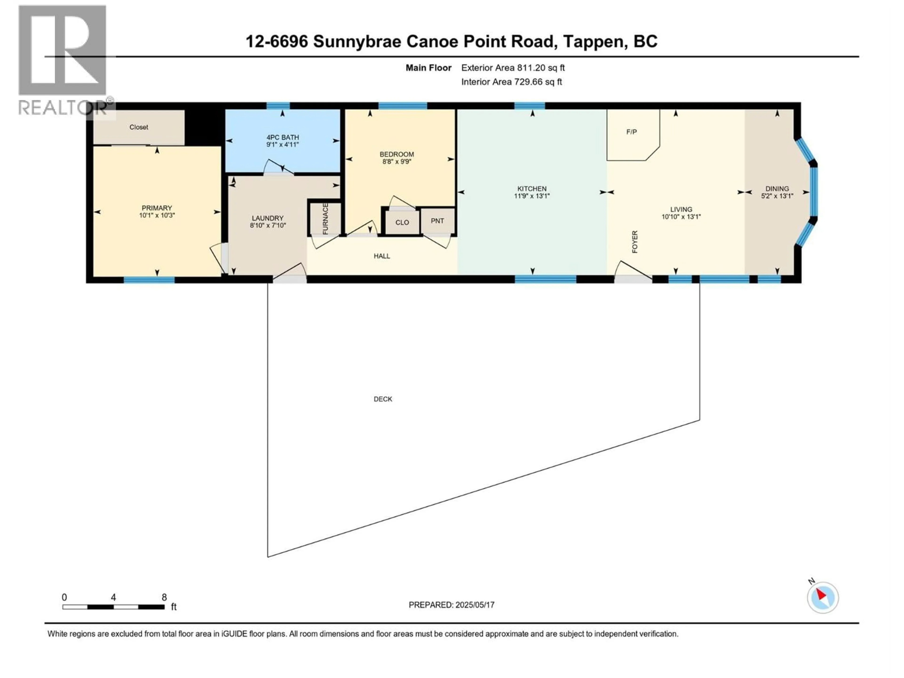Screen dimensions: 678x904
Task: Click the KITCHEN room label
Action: [x=532, y=188]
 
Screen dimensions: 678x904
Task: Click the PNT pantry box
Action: [x=437, y=221]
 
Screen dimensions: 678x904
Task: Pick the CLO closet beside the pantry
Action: [x=402, y=222]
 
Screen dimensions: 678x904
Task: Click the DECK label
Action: [x=383, y=399]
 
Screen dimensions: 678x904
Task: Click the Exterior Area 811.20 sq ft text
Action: [x=513, y=68]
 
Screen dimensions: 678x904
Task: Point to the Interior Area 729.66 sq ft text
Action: [x=511, y=82]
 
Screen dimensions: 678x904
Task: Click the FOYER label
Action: [x=635, y=242]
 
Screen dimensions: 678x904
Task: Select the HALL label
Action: [x=382, y=256]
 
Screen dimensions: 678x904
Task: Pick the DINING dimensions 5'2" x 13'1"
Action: [x=777, y=196]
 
